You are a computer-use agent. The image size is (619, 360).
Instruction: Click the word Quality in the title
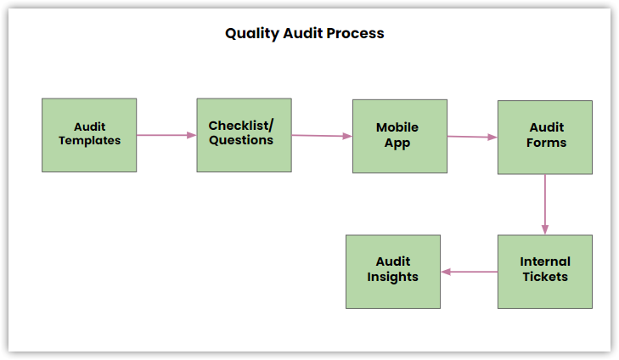pyautogui.click(x=252, y=34)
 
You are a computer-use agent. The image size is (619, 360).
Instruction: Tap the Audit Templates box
pyautogui.click(x=89, y=135)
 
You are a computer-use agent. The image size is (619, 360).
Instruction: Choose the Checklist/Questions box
pyautogui.click(x=245, y=135)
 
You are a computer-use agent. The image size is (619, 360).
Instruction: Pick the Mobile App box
pyautogui.click(x=400, y=136)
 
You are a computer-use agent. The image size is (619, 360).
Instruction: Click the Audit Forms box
pyautogui.click(x=545, y=138)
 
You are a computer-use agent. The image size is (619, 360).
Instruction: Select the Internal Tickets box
pyautogui.click(x=545, y=272)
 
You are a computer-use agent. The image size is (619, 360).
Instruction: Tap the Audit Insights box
pyautogui.click(x=393, y=272)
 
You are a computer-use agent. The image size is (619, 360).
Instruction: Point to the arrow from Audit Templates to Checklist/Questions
pyautogui.click(x=166, y=135)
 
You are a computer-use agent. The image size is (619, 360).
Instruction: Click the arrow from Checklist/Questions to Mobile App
pyautogui.click(x=322, y=136)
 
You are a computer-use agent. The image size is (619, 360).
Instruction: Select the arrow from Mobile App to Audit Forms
pyautogui.click(x=473, y=137)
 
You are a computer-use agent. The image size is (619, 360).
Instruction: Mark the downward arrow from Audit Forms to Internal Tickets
pyautogui.click(x=545, y=205)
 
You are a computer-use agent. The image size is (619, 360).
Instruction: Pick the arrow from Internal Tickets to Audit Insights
pyautogui.click(x=470, y=272)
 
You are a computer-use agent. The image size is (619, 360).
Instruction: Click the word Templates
pyautogui.click(x=90, y=141)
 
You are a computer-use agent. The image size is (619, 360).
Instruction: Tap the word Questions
pyautogui.click(x=241, y=140)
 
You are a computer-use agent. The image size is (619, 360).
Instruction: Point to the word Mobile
pyautogui.click(x=397, y=127)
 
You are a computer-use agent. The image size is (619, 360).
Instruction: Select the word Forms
pyautogui.click(x=546, y=143)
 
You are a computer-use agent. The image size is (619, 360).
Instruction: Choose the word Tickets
pyautogui.click(x=545, y=277)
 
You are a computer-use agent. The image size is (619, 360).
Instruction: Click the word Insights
pyautogui.click(x=393, y=277)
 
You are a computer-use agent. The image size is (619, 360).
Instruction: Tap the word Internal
pyautogui.click(x=545, y=262)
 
